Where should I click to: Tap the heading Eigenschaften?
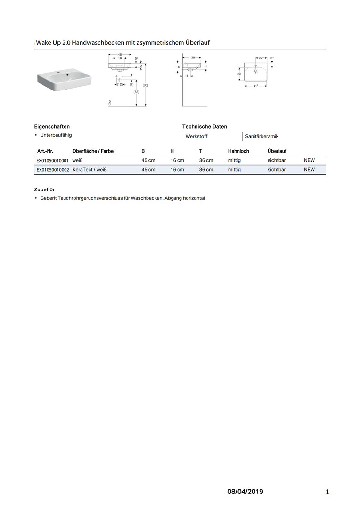(x=52, y=127)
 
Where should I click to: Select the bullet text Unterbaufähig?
(x=56, y=135)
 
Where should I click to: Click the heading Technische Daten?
(x=205, y=127)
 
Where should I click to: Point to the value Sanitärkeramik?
(x=262, y=136)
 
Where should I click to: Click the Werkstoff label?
(x=196, y=136)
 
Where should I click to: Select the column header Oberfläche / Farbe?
(x=93, y=151)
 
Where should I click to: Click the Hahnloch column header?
(x=238, y=151)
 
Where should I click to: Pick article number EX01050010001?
(x=52, y=161)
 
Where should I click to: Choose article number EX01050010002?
(x=52, y=170)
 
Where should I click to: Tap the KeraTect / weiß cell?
(x=90, y=170)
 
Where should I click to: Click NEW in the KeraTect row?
(x=309, y=170)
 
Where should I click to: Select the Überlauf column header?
(x=277, y=151)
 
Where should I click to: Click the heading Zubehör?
(x=45, y=189)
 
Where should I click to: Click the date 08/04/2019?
(x=245, y=492)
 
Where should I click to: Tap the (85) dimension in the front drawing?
(x=146, y=85)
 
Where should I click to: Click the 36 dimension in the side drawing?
(x=193, y=57)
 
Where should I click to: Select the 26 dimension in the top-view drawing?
(x=239, y=74)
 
